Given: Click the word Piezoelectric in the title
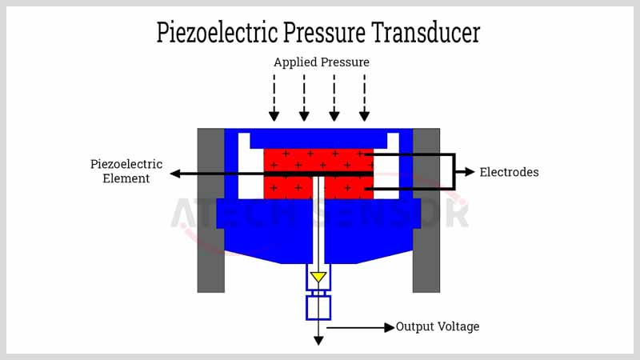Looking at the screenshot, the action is tap(217, 32).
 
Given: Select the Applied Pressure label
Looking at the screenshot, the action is tap(322, 62).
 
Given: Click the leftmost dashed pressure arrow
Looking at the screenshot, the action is tap(274, 98).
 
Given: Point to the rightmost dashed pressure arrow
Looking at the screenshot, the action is tap(365, 98).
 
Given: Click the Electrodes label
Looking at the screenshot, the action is tap(509, 172).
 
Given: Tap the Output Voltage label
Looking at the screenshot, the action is tap(438, 326).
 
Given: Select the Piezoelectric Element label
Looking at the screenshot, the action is tap(126, 171).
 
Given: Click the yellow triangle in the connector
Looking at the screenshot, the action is tap(318, 277).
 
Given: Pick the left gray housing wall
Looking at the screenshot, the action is tap(211, 210).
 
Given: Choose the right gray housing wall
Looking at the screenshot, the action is tap(426, 210).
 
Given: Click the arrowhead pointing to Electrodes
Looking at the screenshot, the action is tap(470, 172).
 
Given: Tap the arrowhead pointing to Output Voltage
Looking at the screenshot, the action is tap(390, 327).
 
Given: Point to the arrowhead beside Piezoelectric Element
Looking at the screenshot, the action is tap(175, 174).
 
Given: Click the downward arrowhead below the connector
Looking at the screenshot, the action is tap(318, 341).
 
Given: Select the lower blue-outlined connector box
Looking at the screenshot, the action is tap(318, 308).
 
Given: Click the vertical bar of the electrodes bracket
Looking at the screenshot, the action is tap(454, 172).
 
